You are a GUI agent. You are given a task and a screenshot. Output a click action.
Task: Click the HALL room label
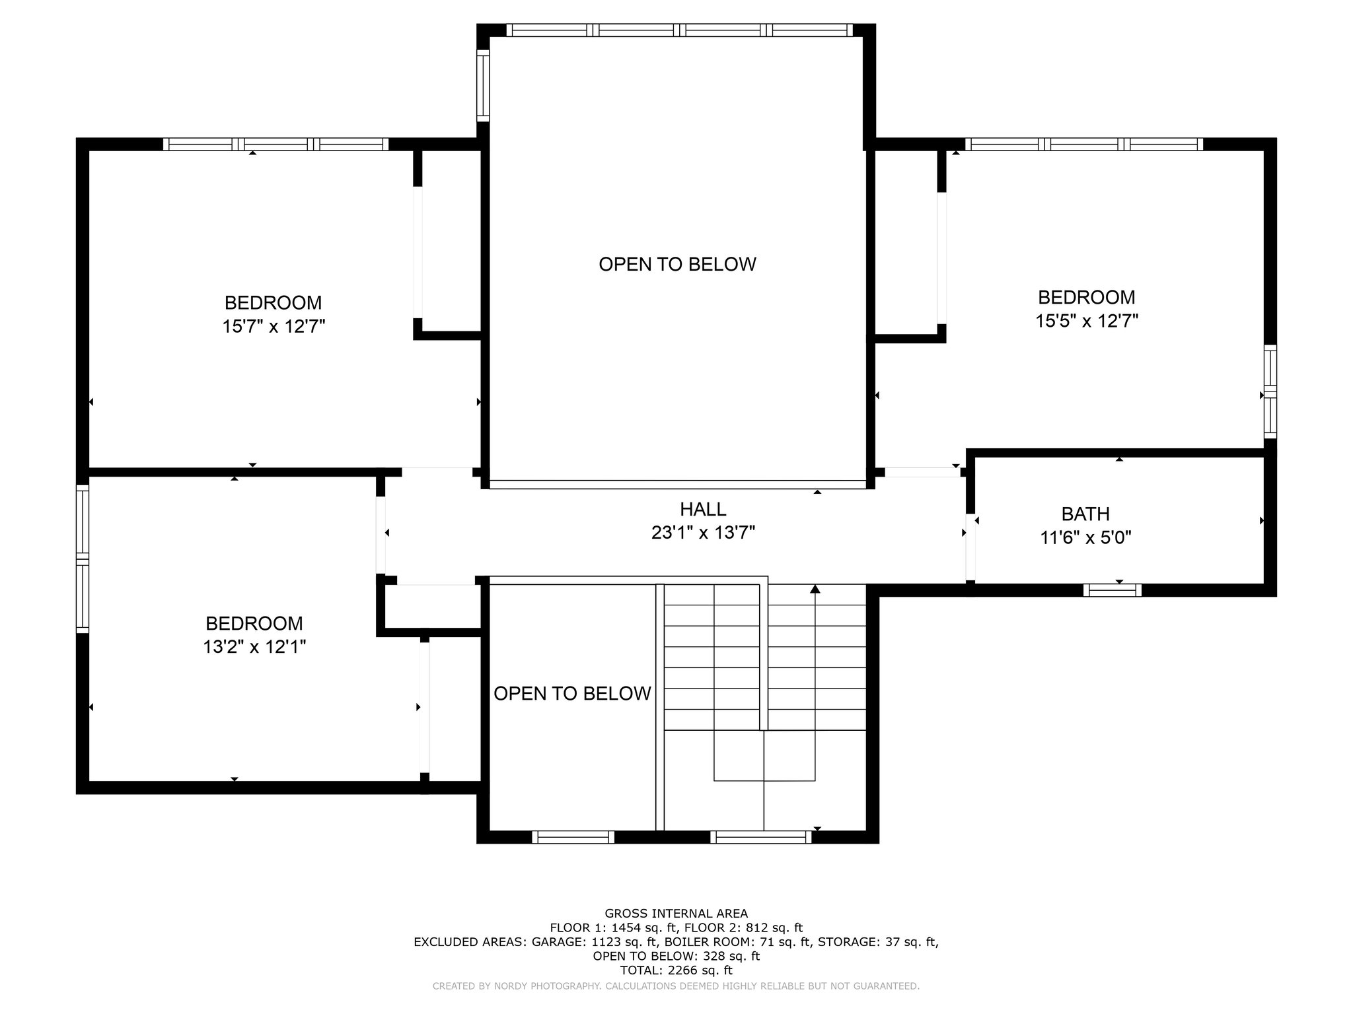[703, 509]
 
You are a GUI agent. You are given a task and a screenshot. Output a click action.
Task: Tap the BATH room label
[1085, 514]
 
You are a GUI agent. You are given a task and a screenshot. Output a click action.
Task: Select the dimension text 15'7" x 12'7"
[274, 327]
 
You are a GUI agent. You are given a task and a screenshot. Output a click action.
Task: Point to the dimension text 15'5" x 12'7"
[1087, 321]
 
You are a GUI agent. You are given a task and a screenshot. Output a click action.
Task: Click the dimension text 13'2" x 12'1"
[254, 647]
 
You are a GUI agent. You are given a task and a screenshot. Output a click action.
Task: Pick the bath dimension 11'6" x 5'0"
[1086, 538]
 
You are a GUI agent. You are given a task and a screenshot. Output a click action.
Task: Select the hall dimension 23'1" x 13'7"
[703, 533]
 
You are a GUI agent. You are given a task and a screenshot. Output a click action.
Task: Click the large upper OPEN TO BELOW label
[677, 264]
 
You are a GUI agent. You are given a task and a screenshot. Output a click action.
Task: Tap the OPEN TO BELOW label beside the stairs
[572, 693]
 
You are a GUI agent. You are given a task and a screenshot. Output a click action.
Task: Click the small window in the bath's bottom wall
[1113, 590]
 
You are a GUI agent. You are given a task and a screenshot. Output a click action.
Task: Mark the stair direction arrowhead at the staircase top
[815, 588]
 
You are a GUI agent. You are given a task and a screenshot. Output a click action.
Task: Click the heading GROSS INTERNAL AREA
[676, 914]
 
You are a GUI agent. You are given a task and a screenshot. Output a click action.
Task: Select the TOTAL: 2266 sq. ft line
[676, 970]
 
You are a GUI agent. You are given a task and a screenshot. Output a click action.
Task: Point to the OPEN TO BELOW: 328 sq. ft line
[676, 956]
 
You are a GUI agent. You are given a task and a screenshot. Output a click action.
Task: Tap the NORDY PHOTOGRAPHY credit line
[676, 986]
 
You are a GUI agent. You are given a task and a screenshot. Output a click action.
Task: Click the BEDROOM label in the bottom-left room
[254, 623]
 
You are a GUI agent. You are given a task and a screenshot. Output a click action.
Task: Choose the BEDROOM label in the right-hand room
[1087, 297]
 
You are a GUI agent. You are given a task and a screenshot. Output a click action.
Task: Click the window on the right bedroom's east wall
[1270, 391]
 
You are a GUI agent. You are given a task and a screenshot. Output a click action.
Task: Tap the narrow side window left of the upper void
[483, 86]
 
